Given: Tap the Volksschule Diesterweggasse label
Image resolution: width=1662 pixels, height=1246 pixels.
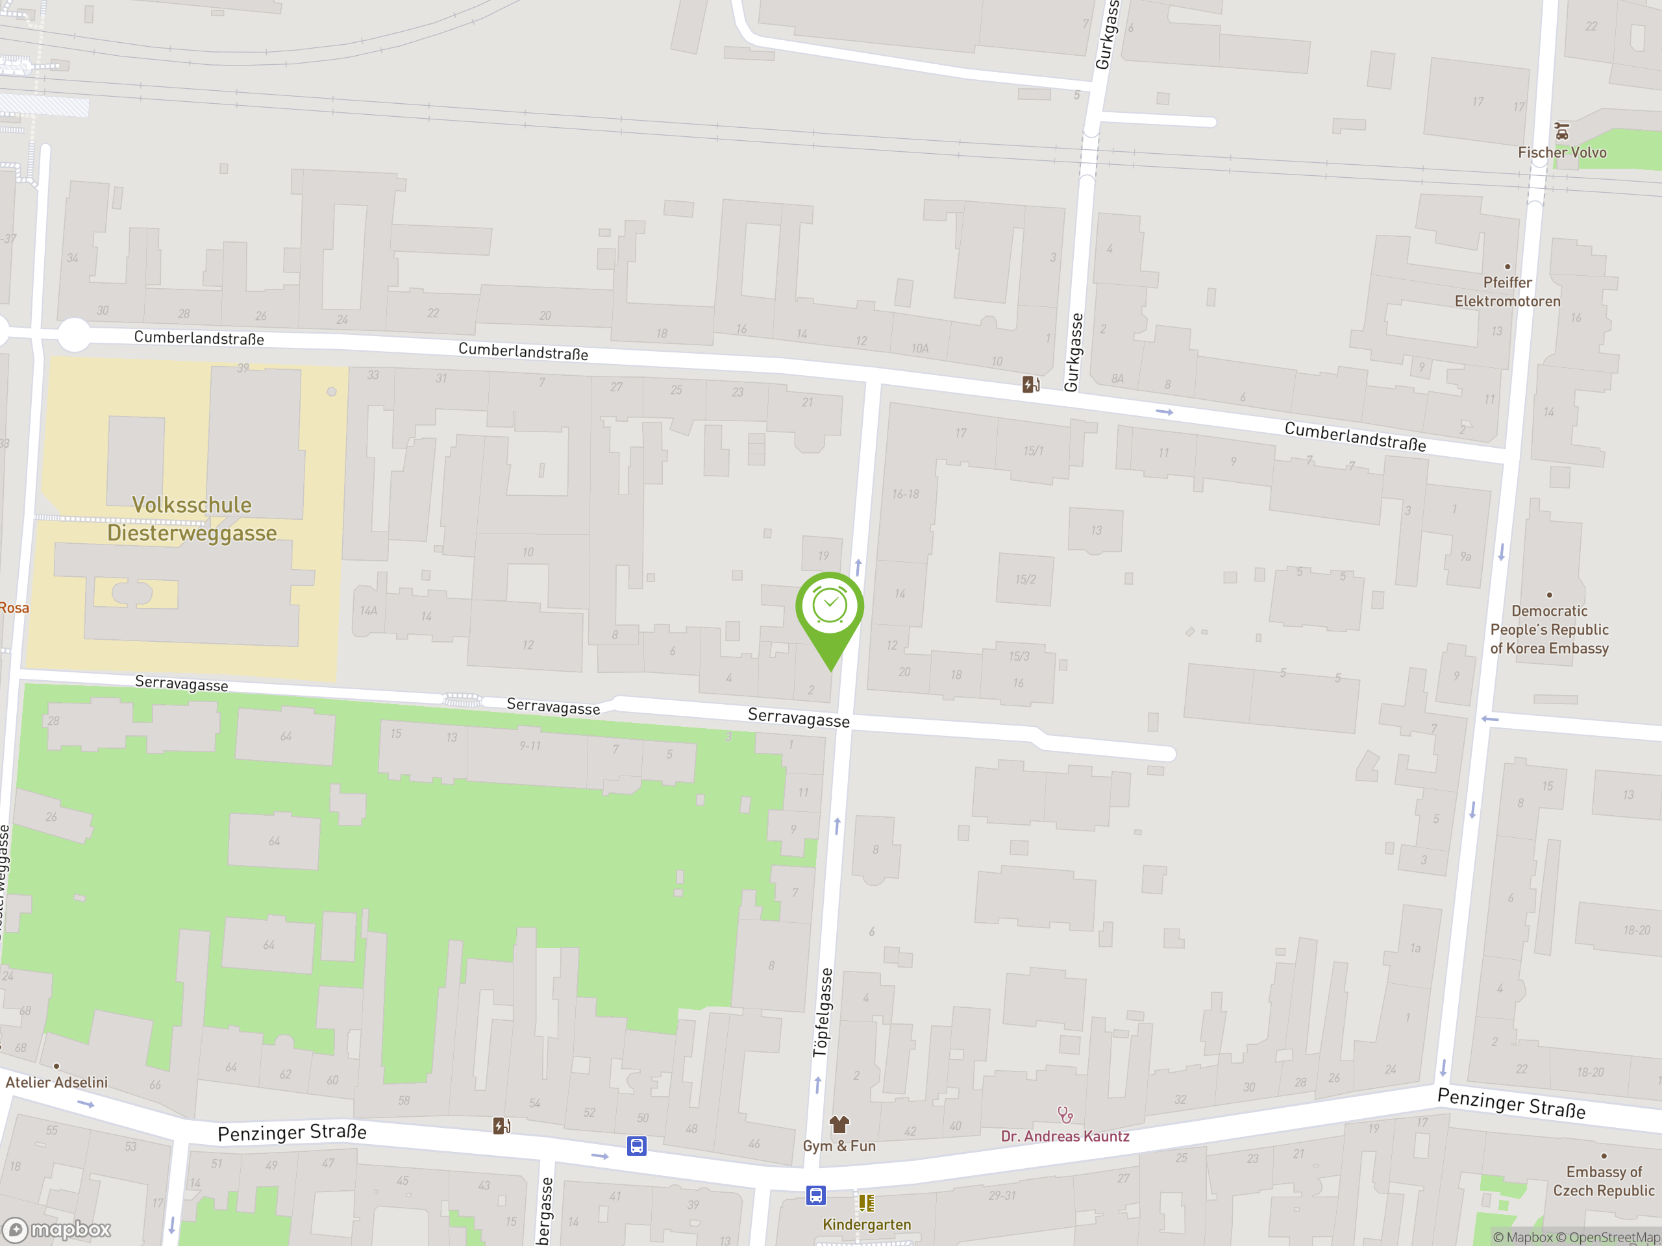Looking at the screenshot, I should click(192, 519).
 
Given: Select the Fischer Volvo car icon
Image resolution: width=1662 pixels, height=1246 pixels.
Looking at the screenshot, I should click(1562, 132).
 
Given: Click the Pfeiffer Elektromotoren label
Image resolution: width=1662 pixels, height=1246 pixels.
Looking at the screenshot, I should click(1507, 291).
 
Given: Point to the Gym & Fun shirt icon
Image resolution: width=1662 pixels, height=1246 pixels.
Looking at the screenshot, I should click(839, 1125).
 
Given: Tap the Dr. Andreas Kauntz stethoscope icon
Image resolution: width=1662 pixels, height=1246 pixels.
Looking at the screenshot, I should click(1065, 1114).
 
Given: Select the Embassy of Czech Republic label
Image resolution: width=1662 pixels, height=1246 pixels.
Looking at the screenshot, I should click(1604, 1181).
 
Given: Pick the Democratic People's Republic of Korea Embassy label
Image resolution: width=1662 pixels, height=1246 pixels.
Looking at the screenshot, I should click(1549, 629).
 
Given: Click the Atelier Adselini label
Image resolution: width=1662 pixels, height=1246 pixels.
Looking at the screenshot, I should click(56, 1082).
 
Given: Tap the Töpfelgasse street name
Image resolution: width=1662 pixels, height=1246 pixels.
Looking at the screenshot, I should click(823, 1012).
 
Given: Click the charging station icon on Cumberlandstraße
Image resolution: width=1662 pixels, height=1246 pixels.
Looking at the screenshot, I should click(1031, 385).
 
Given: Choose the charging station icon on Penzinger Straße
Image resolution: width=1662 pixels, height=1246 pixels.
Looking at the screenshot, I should click(502, 1126).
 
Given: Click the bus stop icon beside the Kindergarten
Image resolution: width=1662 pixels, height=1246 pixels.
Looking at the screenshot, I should click(816, 1195).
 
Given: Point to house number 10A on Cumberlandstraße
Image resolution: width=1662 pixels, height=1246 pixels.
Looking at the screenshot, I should click(920, 348).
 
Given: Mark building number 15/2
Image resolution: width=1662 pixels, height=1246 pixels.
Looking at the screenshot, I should click(1026, 579).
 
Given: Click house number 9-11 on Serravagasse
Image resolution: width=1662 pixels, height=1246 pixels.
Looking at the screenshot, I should click(530, 746).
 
